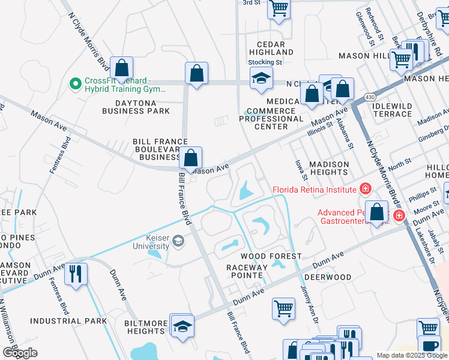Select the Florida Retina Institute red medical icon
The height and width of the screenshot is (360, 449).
365,190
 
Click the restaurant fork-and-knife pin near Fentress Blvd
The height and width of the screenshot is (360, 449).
76,273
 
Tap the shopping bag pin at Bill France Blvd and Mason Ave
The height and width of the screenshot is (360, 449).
190,159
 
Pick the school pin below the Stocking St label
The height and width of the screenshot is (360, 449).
261,79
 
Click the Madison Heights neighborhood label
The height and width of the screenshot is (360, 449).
329,168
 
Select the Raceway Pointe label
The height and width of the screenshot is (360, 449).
245,271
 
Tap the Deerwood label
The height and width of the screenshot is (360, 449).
327,277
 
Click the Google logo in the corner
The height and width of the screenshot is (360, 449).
20,353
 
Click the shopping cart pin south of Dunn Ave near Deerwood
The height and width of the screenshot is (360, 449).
283,308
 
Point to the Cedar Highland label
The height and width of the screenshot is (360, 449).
275,48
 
